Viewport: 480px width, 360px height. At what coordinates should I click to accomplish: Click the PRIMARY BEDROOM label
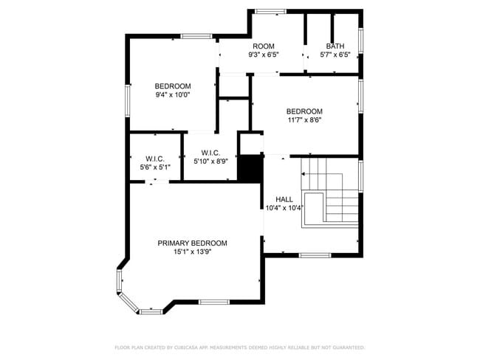coord(192,243)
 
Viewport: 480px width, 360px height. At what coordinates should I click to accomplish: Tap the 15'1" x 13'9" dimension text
coord(193,252)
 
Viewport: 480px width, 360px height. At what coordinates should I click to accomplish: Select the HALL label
coord(284,199)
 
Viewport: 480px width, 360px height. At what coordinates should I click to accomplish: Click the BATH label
coord(335,46)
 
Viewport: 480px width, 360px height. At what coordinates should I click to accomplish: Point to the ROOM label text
coord(264,46)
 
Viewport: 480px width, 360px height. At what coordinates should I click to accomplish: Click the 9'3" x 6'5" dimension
coord(264,55)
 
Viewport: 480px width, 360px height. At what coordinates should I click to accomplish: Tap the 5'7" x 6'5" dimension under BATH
coord(335,55)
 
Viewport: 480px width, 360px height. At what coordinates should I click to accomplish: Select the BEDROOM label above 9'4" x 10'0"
coord(173,86)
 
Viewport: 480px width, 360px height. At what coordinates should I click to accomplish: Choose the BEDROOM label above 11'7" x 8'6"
coord(304,111)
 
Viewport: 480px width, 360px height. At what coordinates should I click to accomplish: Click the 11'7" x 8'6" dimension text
coord(304,120)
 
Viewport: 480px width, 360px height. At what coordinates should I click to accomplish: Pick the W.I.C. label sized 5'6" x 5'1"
coord(155,159)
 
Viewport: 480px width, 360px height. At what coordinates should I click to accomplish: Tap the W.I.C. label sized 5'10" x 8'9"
coord(210,153)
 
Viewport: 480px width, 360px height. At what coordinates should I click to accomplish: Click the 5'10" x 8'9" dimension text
coord(211,162)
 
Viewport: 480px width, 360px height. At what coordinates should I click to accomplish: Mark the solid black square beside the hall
coord(250,169)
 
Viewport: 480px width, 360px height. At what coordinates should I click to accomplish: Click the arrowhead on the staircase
coord(303,174)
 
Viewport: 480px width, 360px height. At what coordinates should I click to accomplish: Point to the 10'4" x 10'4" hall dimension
coord(284,208)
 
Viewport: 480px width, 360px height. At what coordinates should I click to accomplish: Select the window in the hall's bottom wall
coord(315,255)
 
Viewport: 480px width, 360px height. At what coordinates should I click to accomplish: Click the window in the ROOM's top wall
coord(270,12)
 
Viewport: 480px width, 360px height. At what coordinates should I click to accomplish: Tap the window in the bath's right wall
coord(360,41)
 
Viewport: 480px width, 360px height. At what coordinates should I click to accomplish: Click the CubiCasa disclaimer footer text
coord(240,347)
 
